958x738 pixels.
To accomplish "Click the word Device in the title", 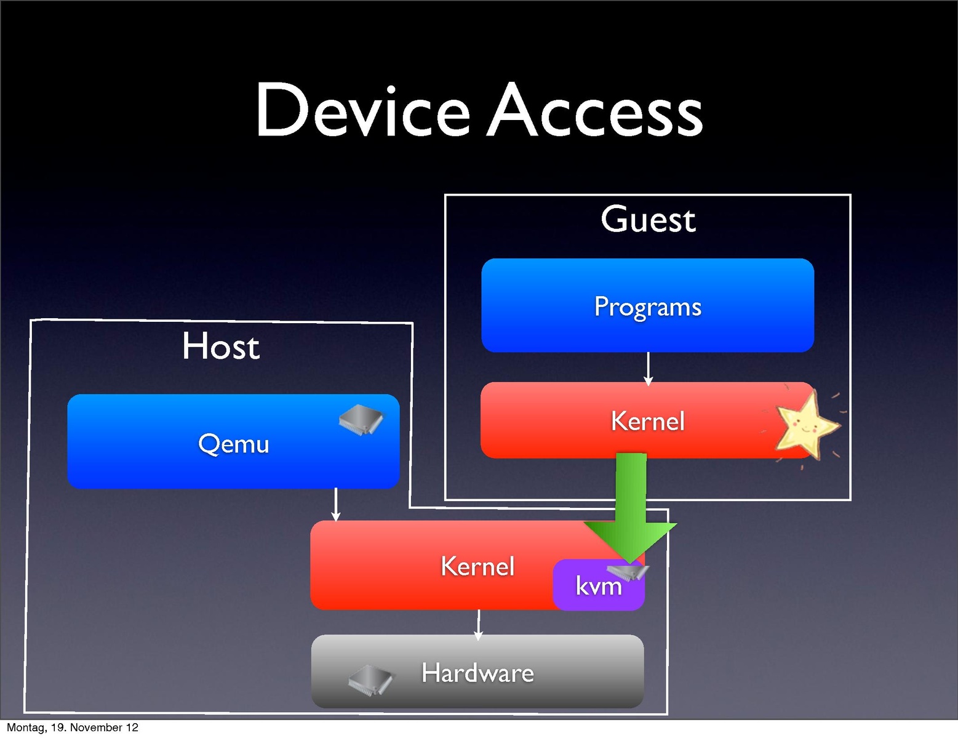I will point(363,111).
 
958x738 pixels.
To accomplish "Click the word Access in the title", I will point(595,111).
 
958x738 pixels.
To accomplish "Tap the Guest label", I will point(648,219).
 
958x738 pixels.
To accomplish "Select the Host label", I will point(221,346).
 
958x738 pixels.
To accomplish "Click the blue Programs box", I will point(648,306).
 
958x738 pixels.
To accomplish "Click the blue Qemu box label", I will point(234,443).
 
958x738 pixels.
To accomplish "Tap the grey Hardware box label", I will point(477,673).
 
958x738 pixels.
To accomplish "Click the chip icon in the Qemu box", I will point(361,420).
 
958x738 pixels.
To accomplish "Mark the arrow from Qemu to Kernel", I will point(335,504).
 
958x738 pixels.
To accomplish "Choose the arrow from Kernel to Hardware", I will point(479,624).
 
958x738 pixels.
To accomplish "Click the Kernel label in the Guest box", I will point(647,421).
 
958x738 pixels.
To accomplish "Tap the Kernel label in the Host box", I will point(477,566).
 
